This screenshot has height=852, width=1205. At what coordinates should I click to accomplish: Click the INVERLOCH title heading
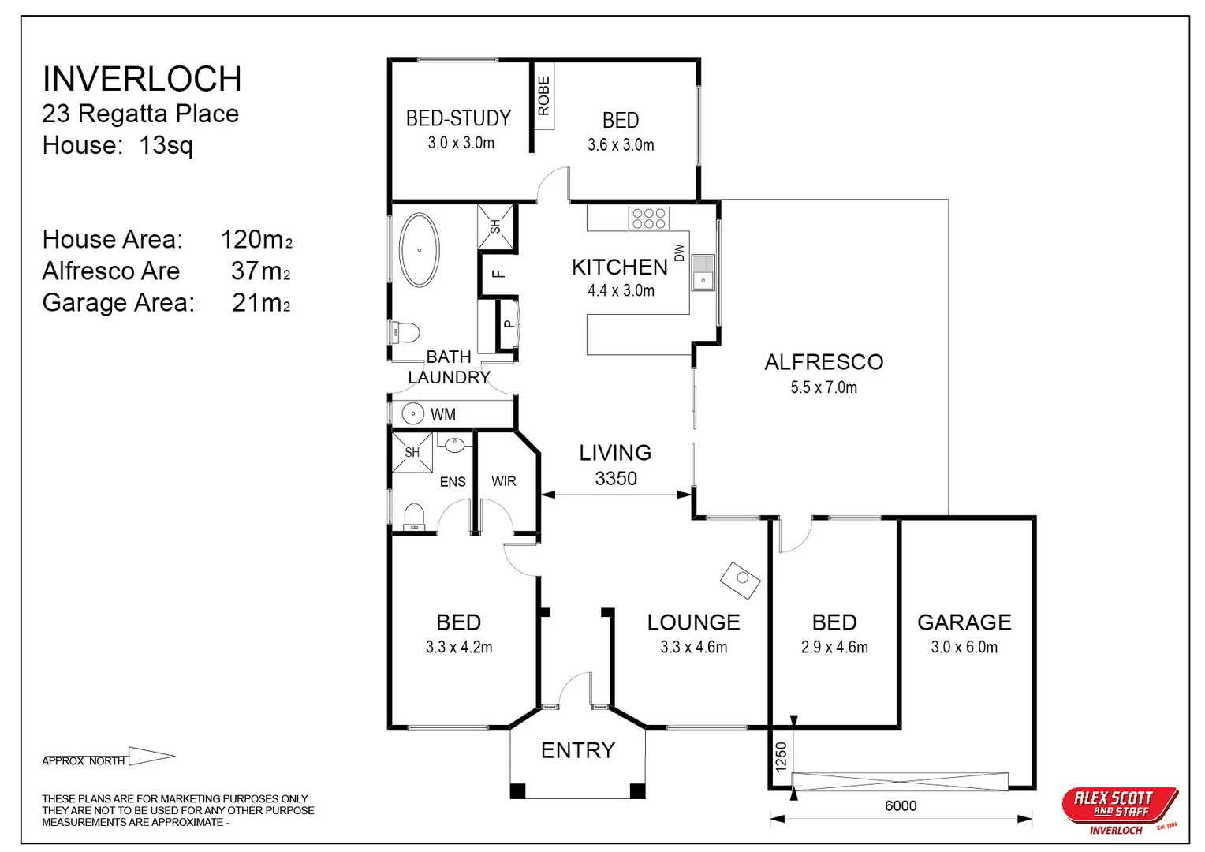point(142,79)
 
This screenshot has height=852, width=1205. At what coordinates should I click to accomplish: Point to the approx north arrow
point(151,757)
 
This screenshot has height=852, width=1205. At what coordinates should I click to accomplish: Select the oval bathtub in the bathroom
point(419,250)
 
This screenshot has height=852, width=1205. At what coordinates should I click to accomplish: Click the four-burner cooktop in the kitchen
point(648,219)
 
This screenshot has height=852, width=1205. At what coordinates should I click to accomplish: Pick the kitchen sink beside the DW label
point(703,273)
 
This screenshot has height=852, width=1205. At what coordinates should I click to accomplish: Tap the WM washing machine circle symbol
point(412,413)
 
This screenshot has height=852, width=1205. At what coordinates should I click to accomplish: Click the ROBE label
point(543,96)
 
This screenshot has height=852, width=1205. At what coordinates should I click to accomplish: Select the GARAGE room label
point(964,622)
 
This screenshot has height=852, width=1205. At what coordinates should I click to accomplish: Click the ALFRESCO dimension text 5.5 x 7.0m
point(823,387)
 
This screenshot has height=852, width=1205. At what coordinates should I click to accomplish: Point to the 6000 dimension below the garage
point(901,805)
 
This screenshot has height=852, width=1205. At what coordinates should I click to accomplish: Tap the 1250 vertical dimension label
point(781,757)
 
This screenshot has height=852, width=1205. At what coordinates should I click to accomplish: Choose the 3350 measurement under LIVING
point(616,479)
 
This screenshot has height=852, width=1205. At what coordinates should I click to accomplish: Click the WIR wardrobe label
point(503,481)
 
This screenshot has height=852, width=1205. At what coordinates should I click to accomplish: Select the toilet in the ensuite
point(414,518)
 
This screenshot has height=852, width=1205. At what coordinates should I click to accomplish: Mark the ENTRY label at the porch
point(577,750)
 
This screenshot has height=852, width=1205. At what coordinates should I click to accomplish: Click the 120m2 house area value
point(256,239)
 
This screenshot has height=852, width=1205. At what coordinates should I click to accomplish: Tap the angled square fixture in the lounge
point(741,580)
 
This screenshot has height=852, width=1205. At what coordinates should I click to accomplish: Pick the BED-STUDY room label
point(458,118)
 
